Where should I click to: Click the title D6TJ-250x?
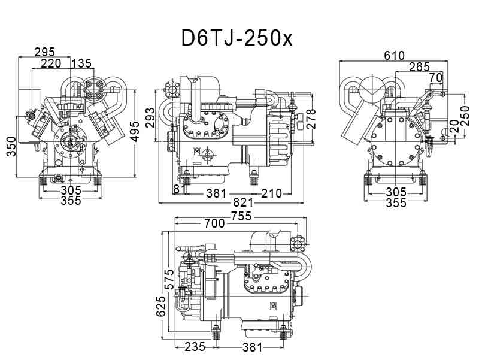pyautogui.click(x=237, y=38)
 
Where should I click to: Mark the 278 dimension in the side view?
pyautogui.click(x=311, y=119)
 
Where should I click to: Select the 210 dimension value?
pyautogui.click(x=271, y=193)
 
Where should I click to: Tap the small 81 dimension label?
pyautogui.click(x=177, y=189)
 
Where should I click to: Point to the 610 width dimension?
pyautogui.click(x=394, y=56)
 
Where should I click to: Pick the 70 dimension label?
pyautogui.click(x=435, y=77)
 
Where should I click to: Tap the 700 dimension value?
pyautogui.click(x=214, y=223)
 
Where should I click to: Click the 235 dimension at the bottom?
pyautogui.click(x=195, y=347)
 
